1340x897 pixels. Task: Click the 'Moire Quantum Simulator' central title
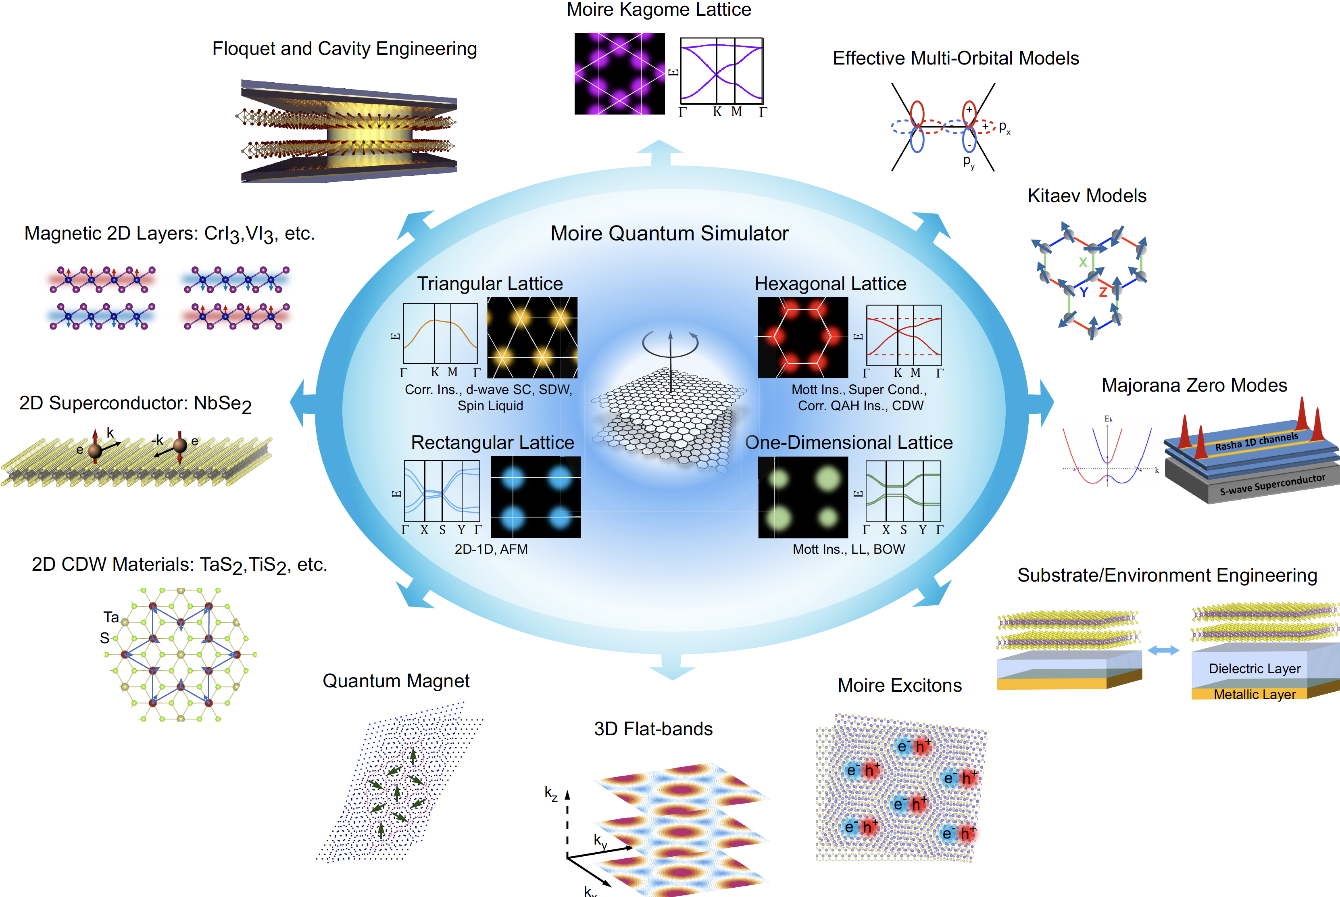pos(669,234)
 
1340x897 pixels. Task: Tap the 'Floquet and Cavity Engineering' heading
pos(344,49)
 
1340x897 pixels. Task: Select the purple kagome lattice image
pos(619,74)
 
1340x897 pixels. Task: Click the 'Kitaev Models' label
pos(1087,196)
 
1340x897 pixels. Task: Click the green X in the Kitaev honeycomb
pos(1083,263)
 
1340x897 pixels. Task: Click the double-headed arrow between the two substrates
pos(1163,651)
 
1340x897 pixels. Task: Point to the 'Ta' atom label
pos(111,617)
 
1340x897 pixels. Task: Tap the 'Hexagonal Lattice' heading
pos(830,284)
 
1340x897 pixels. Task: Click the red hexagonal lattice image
pos(802,338)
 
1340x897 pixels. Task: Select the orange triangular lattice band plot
pos(440,334)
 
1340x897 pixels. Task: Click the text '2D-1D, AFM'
pos(491,549)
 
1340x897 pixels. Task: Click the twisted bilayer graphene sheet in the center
pos(669,417)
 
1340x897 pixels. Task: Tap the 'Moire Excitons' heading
pos(899,685)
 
